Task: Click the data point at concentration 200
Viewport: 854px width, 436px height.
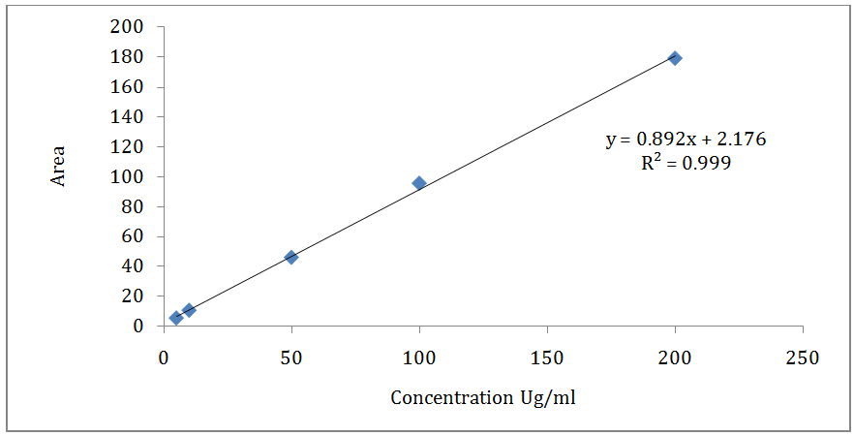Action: [675, 58]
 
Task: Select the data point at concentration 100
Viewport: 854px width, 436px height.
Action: [419, 183]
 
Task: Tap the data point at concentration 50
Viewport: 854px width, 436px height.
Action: [291, 257]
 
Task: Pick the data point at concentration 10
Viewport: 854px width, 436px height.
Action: [189, 310]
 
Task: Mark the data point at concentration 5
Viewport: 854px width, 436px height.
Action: [176, 318]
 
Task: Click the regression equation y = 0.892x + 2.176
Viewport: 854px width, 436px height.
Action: [686, 140]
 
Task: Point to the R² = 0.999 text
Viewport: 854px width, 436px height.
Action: [686, 163]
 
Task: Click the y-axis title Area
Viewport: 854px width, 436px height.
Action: [59, 167]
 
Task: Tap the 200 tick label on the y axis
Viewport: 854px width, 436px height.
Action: [131, 27]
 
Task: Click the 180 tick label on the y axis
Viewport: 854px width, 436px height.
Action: [131, 57]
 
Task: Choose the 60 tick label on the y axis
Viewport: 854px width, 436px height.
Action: [135, 236]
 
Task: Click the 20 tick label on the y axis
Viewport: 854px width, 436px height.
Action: [135, 296]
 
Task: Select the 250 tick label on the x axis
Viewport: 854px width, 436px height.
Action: [803, 358]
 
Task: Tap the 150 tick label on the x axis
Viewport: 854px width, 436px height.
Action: [547, 358]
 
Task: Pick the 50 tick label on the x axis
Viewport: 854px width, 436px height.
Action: [291, 358]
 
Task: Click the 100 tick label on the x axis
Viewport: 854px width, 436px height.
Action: [419, 358]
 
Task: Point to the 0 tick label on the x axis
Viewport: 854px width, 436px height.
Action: [164, 358]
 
